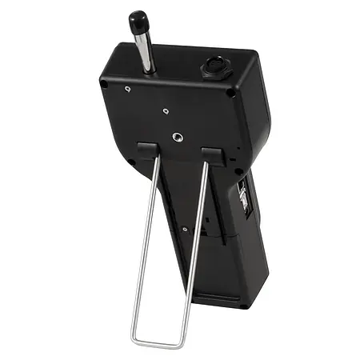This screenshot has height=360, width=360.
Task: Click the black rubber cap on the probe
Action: (x=137, y=19)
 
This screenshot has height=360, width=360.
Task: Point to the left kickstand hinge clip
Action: (x=148, y=149)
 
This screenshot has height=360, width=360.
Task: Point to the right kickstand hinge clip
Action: (x=212, y=153)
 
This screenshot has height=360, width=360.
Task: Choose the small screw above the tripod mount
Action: (x=165, y=111)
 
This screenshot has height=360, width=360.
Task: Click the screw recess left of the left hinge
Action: (x=130, y=162)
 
